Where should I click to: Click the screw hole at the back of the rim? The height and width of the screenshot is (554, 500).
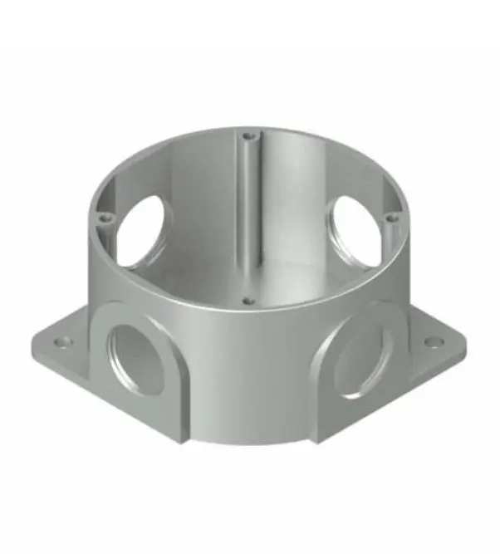click(x=247, y=134)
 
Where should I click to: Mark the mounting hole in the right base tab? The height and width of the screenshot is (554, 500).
click(x=432, y=341)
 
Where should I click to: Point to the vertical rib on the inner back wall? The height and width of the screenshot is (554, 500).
click(x=247, y=208)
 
